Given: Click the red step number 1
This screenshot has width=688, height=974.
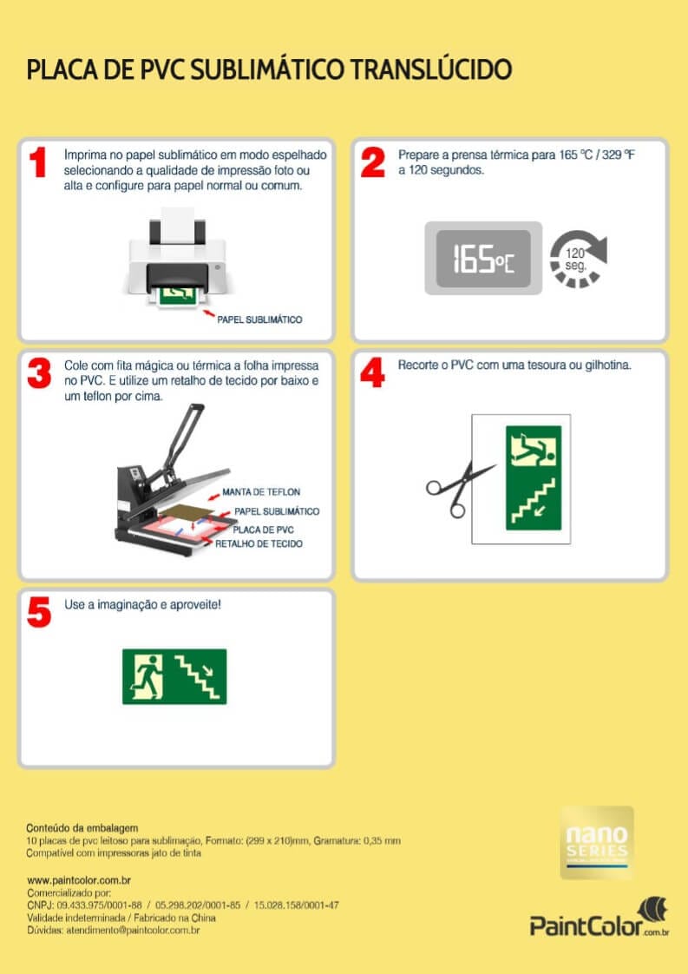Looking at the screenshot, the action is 38,162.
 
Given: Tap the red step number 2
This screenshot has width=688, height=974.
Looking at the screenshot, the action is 372,162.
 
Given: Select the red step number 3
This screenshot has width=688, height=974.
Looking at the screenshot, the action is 39,374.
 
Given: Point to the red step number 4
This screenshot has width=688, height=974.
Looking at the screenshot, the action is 372,374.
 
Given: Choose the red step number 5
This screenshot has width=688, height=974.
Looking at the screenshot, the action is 39,613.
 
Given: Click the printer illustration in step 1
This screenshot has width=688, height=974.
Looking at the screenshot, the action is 179,257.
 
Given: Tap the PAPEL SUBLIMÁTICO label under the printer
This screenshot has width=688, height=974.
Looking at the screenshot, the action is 259,320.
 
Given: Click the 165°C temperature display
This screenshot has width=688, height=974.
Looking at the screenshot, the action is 483,259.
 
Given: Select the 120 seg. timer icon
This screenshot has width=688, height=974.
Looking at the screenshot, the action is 578,259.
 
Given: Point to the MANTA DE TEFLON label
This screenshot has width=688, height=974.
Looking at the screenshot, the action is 261,492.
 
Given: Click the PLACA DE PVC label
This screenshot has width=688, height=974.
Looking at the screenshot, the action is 263,530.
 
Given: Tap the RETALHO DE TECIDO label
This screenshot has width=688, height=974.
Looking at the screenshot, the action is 259,544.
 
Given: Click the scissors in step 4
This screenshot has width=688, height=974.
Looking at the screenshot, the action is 460,489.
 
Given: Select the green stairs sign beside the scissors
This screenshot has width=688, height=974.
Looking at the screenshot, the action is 534,477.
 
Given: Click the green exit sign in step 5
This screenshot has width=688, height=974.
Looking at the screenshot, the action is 174,676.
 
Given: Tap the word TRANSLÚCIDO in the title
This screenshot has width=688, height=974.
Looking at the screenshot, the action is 431,69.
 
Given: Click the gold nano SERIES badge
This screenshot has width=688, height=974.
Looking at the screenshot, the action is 597,843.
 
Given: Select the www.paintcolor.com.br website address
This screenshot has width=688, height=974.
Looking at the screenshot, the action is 79,880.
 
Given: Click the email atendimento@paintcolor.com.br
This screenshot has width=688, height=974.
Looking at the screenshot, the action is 133,931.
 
